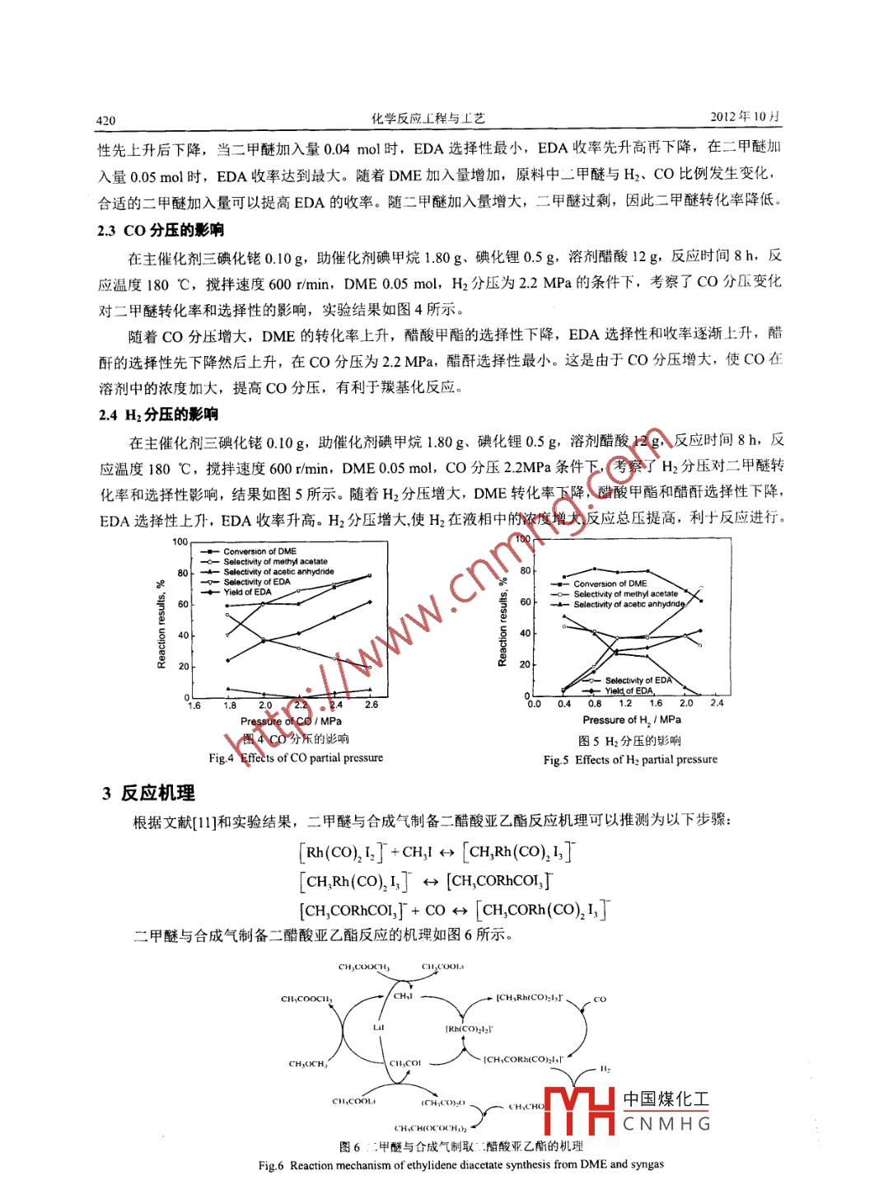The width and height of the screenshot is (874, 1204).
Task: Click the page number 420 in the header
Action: pos(106,120)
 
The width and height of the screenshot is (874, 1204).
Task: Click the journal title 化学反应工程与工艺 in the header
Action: pos(428,118)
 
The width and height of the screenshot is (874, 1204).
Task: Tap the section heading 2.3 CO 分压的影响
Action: pos(161,230)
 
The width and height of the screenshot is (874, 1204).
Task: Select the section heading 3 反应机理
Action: pos(149,793)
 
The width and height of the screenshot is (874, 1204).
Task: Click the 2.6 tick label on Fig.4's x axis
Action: pos(371,705)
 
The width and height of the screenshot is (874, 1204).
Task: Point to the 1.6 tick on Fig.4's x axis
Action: pos(194,705)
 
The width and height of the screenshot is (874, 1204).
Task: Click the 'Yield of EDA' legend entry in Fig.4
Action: pos(247,592)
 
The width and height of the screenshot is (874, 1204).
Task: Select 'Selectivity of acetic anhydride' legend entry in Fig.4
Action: pos(278,571)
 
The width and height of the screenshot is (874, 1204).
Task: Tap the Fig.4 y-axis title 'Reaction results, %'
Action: pos(161,625)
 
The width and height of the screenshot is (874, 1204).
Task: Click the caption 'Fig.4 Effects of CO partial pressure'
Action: pos(296,757)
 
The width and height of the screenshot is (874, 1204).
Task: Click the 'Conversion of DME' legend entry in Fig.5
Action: pos(610,583)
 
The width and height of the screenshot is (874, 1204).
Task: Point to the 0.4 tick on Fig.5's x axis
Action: pos(563,704)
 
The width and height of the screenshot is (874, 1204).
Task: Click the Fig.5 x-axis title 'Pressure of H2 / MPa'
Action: pos(632,719)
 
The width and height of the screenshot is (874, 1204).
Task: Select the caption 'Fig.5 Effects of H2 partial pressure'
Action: pos(630,760)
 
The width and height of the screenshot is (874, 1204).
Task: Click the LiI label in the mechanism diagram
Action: pos(378,1028)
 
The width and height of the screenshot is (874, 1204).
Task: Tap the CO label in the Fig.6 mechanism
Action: pos(600,999)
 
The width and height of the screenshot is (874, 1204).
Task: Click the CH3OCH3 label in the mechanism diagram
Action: pos(308,1063)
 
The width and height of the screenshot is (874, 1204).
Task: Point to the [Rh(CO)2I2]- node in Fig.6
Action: pos(470,1028)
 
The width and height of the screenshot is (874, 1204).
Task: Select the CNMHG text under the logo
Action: pos(666,1123)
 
